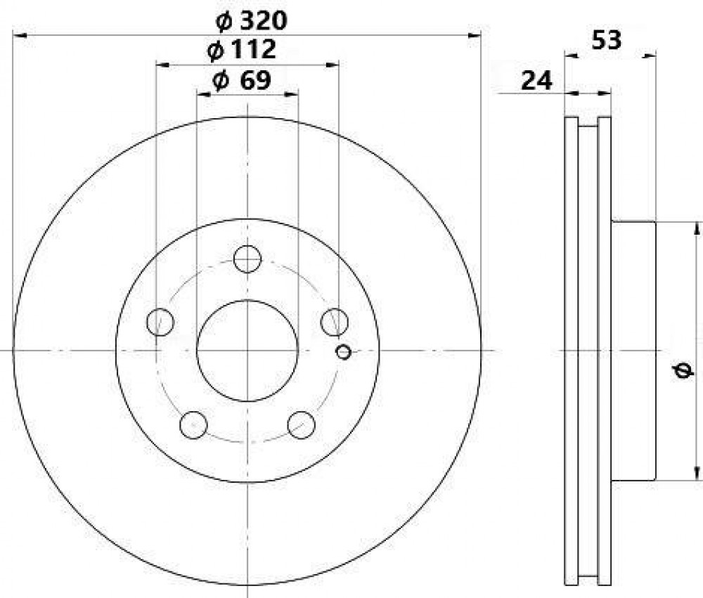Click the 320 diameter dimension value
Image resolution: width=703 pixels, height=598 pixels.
tap(263, 20)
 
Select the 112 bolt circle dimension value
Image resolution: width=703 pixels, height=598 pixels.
tap(253, 49)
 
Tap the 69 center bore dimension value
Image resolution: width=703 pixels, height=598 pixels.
tap(256, 80)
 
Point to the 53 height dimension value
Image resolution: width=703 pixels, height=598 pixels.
tap(607, 40)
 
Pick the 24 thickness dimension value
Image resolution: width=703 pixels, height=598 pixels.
tap(536, 81)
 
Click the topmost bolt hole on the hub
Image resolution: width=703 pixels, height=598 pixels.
tap(247, 259)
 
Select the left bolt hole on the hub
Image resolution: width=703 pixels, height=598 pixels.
tap(160, 322)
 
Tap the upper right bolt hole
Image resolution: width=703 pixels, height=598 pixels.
tap(335, 322)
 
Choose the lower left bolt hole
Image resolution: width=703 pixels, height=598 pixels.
tap(193, 424)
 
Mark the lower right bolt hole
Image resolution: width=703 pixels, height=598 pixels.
tap(302, 424)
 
